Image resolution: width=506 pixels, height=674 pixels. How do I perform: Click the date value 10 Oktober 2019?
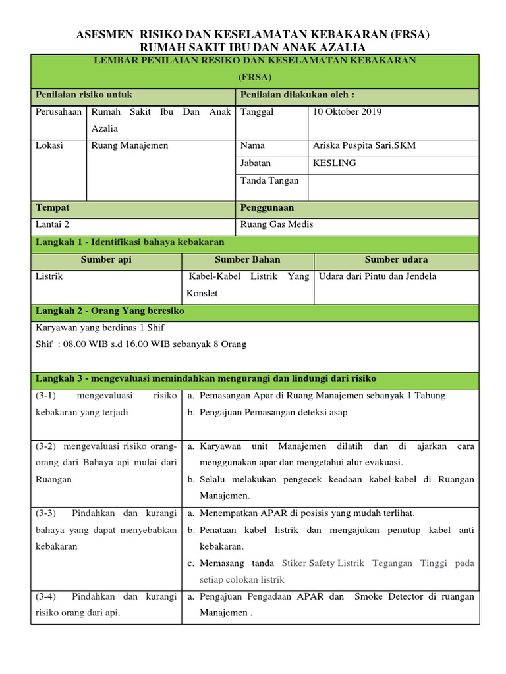347,112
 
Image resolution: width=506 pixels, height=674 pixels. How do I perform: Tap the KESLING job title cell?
334,163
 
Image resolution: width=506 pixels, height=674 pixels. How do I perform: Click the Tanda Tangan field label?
269,180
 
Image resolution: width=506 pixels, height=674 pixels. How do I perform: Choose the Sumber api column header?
106,260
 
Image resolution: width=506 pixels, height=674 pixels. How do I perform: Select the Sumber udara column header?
396,260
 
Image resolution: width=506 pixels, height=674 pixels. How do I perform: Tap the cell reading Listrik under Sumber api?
49,277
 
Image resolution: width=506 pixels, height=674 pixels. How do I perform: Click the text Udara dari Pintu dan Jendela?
378,277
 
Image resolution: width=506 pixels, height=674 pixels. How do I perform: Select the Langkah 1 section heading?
130,242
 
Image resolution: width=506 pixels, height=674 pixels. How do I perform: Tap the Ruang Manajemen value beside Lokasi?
130,146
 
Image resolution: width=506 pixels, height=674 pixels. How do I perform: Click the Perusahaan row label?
59,112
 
